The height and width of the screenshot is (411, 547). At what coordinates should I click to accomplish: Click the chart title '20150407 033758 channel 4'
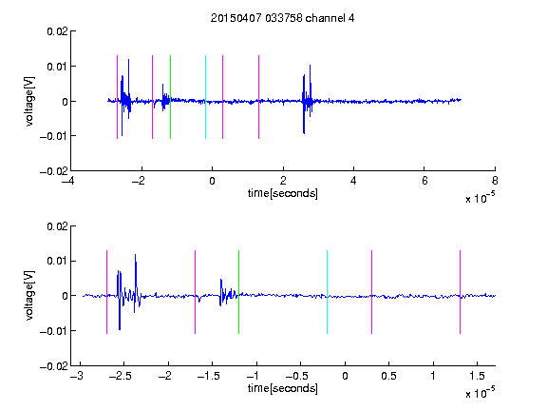pos(283,18)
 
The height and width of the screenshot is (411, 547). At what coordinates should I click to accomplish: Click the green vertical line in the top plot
pos(170,97)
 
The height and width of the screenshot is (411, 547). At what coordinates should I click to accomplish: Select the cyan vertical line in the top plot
pos(205,97)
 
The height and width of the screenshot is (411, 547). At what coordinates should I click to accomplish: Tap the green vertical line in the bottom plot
pos(238,292)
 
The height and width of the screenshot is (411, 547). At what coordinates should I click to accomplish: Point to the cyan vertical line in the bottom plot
pos(327,292)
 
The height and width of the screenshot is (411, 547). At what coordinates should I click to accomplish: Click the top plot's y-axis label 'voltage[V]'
pos(29,102)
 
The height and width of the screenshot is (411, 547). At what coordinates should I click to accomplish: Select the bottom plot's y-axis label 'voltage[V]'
pos(29,296)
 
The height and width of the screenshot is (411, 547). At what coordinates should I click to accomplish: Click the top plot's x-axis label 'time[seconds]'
pos(283,193)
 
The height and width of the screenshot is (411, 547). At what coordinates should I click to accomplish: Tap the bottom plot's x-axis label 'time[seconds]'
pos(283,388)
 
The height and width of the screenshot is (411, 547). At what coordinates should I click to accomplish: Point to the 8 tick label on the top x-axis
pos(495,181)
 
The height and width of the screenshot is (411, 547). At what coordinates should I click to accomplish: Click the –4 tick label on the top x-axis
pos(67,181)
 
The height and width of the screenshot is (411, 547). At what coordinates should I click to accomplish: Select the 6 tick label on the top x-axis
pos(424,181)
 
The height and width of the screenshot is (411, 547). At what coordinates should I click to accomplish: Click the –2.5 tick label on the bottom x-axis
pos(120,376)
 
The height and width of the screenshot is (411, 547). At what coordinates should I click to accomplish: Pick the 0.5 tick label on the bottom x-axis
pos(388,376)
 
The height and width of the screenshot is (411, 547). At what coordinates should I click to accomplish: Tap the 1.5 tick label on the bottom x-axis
pos(477,376)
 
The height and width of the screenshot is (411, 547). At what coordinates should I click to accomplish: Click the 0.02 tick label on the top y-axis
pos(58,31)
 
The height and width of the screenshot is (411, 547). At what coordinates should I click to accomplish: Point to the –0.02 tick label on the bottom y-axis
pos(54,366)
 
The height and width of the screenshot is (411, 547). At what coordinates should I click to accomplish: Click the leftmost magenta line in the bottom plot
pos(106,292)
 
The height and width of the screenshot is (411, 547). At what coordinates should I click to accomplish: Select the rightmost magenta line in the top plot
pos(258,97)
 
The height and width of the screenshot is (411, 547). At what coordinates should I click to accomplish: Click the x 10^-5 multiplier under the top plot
pos(480,198)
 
